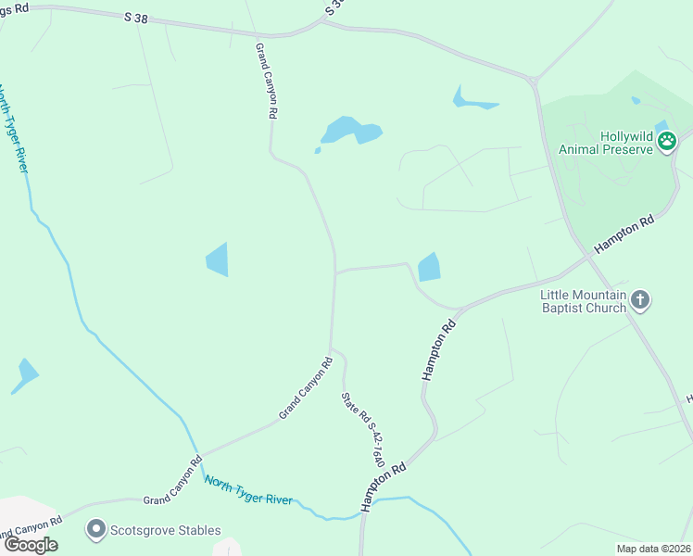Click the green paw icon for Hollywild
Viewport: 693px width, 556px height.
coord(667,141)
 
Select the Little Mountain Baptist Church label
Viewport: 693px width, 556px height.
coord(583,301)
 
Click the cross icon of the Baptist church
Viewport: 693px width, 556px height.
coord(640,299)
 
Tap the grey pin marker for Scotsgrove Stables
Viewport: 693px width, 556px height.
coord(95,530)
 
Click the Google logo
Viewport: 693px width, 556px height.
coord(30,544)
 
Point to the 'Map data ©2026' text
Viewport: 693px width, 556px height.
coord(652,549)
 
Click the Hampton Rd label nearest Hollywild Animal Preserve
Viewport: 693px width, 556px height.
coord(624,234)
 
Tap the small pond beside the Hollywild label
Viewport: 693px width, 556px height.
coord(661,126)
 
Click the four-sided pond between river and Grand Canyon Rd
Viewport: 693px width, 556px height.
coord(216,259)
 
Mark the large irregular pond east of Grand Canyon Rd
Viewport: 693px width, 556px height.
coord(350,131)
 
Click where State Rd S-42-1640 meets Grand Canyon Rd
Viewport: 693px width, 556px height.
coord(332,350)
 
